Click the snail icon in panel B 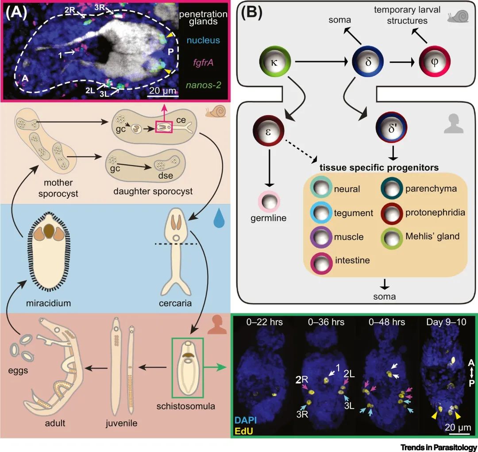pos(456,16)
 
